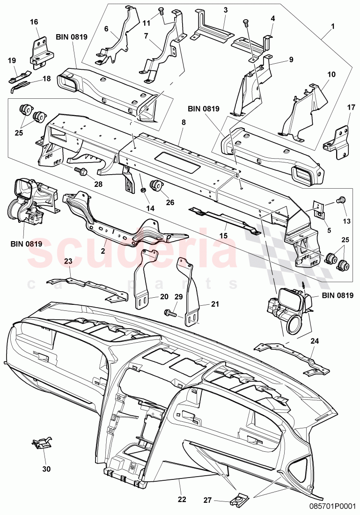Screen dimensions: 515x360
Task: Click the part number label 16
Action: pyautogui.click(x=34, y=22)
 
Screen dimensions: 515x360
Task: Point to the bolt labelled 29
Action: pyautogui.click(x=169, y=312)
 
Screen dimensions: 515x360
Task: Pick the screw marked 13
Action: pyautogui.click(x=340, y=200)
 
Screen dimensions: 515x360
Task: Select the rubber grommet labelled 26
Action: pyautogui.click(x=156, y=186)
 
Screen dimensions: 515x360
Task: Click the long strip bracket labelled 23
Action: pyautogui.click(x=87, y=288)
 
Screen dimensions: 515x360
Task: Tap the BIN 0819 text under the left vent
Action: pyautogui.click(x=27, y=243)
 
